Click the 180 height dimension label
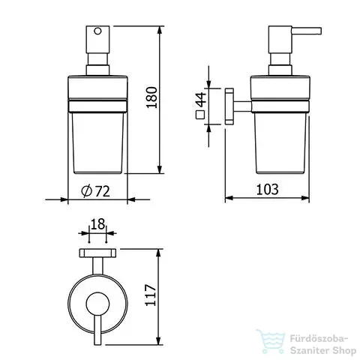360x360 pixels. [152, 97]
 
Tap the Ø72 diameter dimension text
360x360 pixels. [96, 191]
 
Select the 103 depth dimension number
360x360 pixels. [268, 189]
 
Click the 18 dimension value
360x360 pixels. [97, 224]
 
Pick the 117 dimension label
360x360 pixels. [151, 295]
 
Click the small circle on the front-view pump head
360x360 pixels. [97, 31]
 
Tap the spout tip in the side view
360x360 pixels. [320, 31]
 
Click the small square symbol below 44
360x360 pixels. [200, 115]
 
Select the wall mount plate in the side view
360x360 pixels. [229, 106]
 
